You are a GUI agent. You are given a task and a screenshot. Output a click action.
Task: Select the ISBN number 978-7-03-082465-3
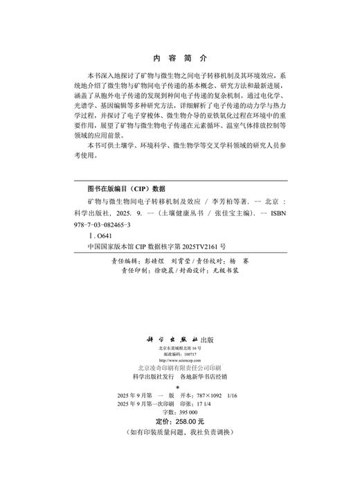click(111, 226)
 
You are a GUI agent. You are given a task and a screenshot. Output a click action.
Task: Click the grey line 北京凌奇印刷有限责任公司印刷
click(179, 368)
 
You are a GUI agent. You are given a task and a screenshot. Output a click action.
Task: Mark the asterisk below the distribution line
click(179, 386)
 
